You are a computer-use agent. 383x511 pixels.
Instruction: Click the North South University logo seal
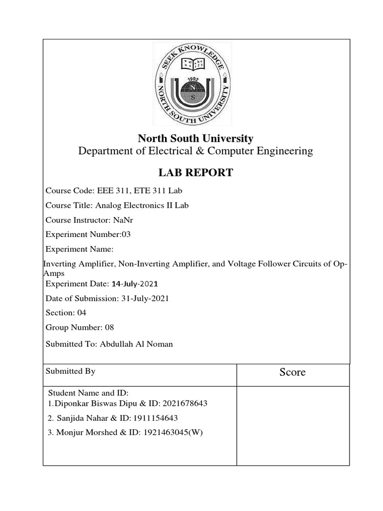tap(192, 84)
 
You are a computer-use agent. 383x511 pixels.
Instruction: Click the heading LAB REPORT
tap(195, 173)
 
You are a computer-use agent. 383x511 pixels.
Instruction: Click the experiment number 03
tap(126, 234)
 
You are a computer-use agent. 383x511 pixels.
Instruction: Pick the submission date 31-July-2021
tap(145, 298)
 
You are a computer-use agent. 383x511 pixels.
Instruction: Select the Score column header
tap(292, 372)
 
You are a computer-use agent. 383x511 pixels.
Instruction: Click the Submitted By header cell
tap(70, 371)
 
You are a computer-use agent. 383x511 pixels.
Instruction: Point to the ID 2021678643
tap(183, 403)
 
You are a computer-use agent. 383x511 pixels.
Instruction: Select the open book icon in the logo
tap(192, 63)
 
